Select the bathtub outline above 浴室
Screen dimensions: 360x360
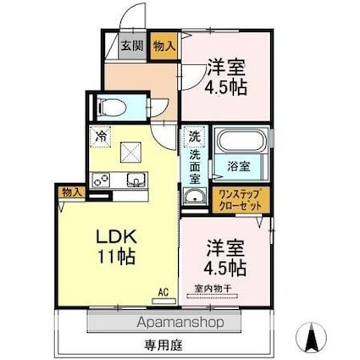click(x=242, y=141)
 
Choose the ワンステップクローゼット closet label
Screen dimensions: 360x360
click(x=241, y=201)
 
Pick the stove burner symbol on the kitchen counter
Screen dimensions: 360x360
click(x=101, y=180)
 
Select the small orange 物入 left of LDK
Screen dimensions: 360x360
click(x=72, y=193)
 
